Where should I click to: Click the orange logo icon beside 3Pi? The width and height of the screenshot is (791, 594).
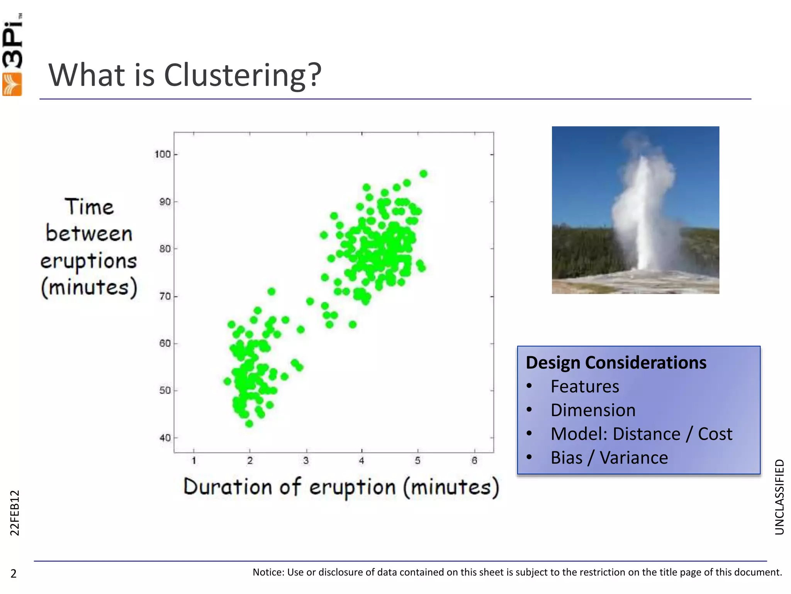click(12, 84)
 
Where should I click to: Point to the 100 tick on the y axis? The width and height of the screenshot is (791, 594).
click(163, 154)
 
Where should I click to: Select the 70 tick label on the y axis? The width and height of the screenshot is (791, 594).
click(165, 297)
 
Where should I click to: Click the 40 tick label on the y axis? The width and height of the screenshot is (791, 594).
click(165, 438)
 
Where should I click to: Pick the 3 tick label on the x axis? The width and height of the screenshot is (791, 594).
click(306, 461)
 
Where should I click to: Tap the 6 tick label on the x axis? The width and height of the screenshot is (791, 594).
click(474, 461)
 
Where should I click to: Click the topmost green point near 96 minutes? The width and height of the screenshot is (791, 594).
click(423, 174)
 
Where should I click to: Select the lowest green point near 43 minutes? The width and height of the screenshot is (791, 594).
click(249, 424)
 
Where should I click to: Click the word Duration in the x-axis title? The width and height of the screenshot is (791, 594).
click(227, 487)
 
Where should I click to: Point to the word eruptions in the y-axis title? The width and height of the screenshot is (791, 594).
click(89, 261)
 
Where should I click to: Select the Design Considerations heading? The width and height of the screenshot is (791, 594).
click(616, 363)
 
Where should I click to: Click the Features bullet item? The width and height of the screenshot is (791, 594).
click(585, 387)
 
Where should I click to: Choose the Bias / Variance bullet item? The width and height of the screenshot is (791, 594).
click(609, 458)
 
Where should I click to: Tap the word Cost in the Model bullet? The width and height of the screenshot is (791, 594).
click(715, 434)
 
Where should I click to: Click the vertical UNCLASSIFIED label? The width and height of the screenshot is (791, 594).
click(779, 497)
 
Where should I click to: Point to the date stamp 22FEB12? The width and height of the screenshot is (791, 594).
click(14, 513)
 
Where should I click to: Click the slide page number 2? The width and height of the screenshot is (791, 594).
click(14, 574)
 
